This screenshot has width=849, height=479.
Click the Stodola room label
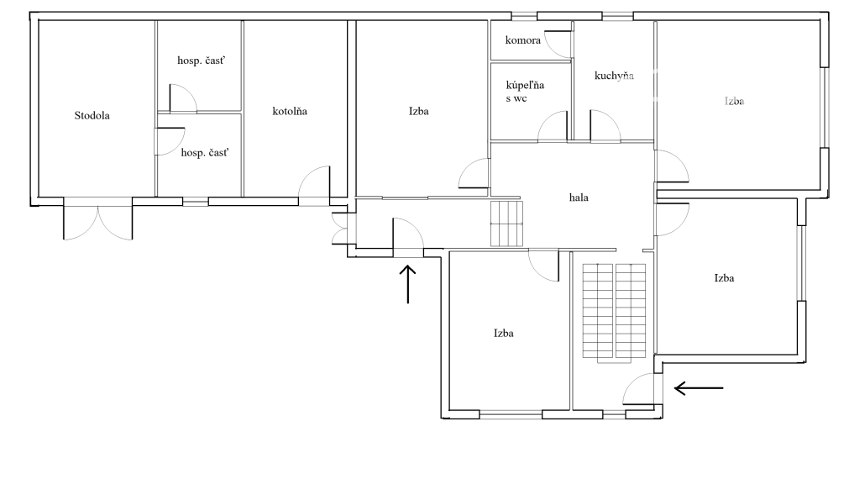[92, 115]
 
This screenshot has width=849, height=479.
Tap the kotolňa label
[290, 111]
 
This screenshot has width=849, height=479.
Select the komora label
[523, 40]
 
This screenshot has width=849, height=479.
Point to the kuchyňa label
[614, 76]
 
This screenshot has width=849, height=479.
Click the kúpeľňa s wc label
[525, 92]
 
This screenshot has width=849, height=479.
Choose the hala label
[579, 197]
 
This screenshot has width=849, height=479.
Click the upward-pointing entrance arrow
[408, 284]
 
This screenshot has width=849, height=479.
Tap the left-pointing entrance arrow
[699, 388]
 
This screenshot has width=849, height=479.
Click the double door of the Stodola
[98, 218]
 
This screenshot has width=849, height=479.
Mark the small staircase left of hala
[507, 224]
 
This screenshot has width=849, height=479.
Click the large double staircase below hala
[614, 313]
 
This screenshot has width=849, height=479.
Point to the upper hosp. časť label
[201, 61]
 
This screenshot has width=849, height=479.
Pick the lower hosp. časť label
[205, 153]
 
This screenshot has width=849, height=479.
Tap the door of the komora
[558, 44]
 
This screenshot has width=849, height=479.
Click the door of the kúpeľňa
[553, 126]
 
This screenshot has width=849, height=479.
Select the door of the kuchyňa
[605, 126]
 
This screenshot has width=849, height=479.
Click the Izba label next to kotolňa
[418, 111]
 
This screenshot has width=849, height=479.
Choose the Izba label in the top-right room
[734, 102]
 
